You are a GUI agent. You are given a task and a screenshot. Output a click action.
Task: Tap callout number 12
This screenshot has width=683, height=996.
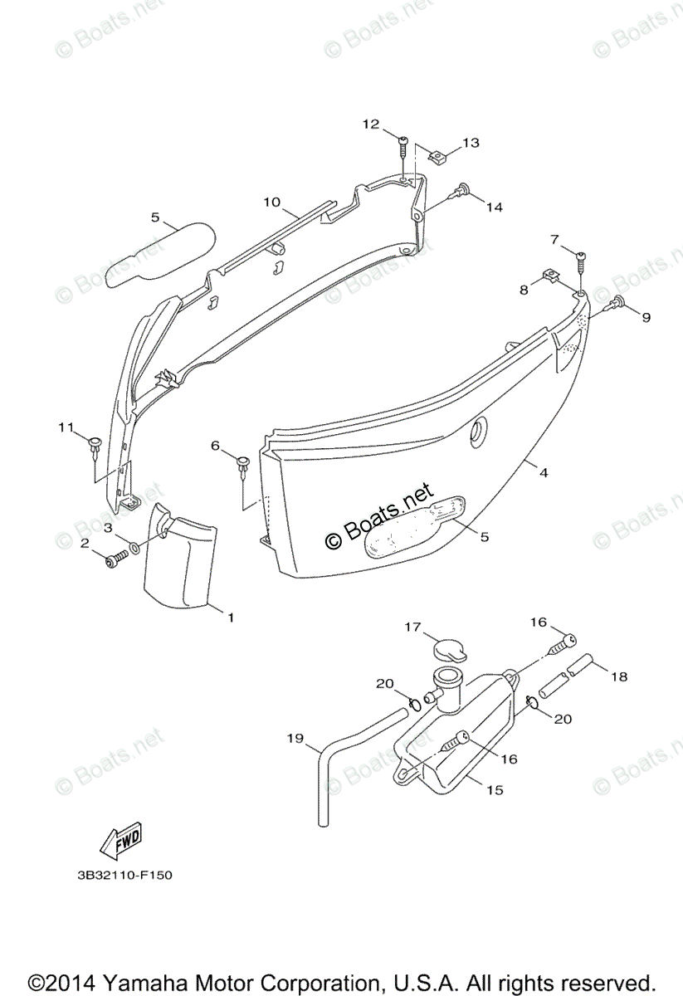pos(370,124)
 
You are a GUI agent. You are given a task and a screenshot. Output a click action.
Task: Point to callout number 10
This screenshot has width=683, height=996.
pos(272,202)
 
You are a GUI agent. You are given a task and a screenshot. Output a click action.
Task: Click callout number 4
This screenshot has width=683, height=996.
pos(544,473)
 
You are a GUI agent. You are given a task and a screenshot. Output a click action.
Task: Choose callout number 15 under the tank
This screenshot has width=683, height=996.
pos(495,790)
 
